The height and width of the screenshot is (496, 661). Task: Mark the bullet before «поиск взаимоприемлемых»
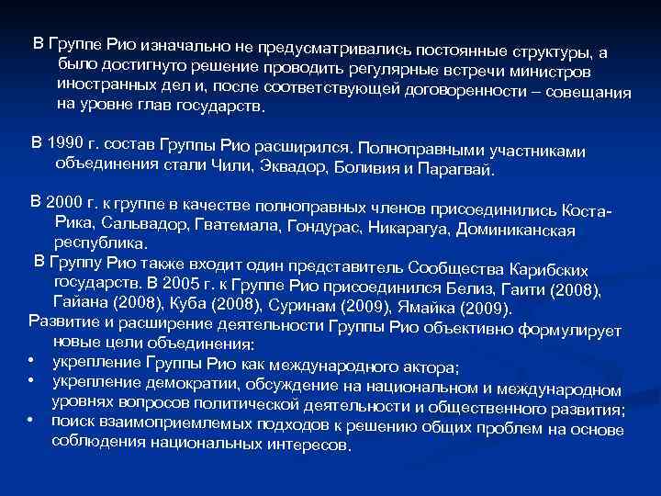pos(31,420)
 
